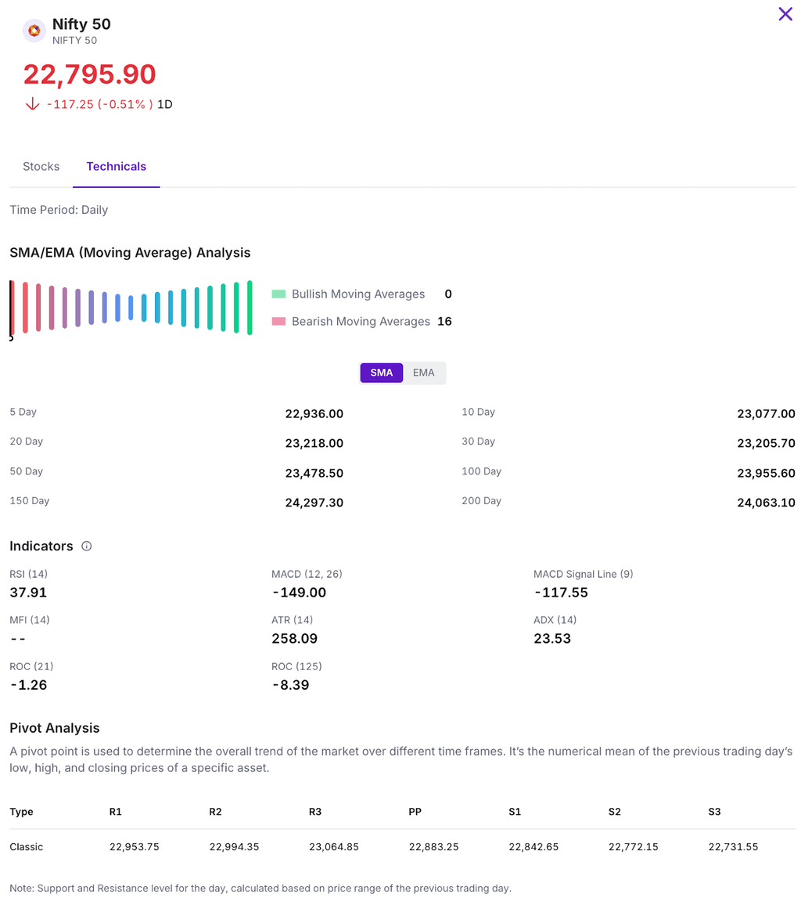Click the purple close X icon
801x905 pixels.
tap(785, 14)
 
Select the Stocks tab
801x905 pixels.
tap(41, 166)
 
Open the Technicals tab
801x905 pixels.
tap(117, 166)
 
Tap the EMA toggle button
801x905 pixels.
tap(424, 373)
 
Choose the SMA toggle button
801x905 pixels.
tap(382, 373)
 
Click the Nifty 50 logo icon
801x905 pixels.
tap(34, 31)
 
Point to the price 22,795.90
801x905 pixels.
tap(90, 74)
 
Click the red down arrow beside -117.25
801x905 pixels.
tap(32, 104)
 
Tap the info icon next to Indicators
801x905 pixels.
tap(87, 546)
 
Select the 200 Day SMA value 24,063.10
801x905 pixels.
tap(766, 503)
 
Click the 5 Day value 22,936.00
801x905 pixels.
tap(314, 414)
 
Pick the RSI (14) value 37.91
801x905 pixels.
tap(28, 593)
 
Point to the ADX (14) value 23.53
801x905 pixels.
tap(552, 638)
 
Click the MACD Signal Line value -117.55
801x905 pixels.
tap(561, 593)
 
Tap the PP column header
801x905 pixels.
tap(415, 812)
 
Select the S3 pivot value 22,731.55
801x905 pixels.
tap(733, 847)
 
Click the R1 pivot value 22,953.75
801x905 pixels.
tap(135, 847)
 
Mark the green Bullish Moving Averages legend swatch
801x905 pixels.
tap(279, 294)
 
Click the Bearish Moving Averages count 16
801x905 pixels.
tap(444, 321)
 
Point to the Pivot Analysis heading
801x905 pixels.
tap(55, 728)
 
